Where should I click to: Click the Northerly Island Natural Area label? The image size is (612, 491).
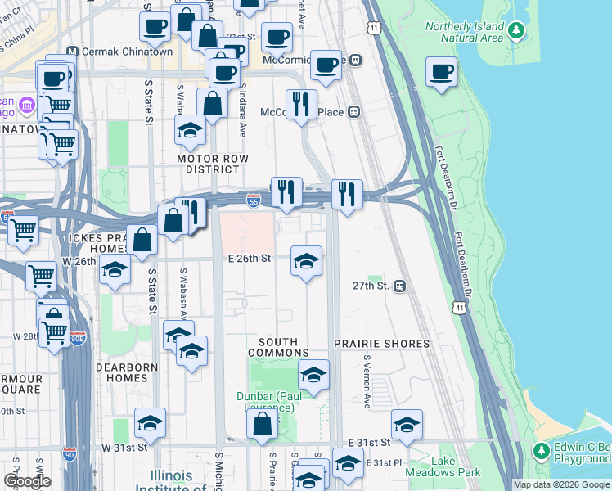464,32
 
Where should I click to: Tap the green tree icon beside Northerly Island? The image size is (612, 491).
515,31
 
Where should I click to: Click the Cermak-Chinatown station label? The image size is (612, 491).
119,51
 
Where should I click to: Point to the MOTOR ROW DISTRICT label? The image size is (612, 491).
209,163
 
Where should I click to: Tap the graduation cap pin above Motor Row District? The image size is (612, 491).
190,131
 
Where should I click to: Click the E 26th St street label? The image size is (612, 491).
249,259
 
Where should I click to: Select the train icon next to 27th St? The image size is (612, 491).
399,286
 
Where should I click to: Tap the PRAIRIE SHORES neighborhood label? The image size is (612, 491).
381,344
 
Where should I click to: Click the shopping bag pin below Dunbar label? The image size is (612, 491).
262,425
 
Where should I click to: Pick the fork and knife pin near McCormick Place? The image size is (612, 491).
301,104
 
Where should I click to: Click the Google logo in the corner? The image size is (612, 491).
27,481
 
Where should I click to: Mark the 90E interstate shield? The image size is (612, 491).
77,337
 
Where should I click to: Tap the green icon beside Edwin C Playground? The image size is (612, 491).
540,451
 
